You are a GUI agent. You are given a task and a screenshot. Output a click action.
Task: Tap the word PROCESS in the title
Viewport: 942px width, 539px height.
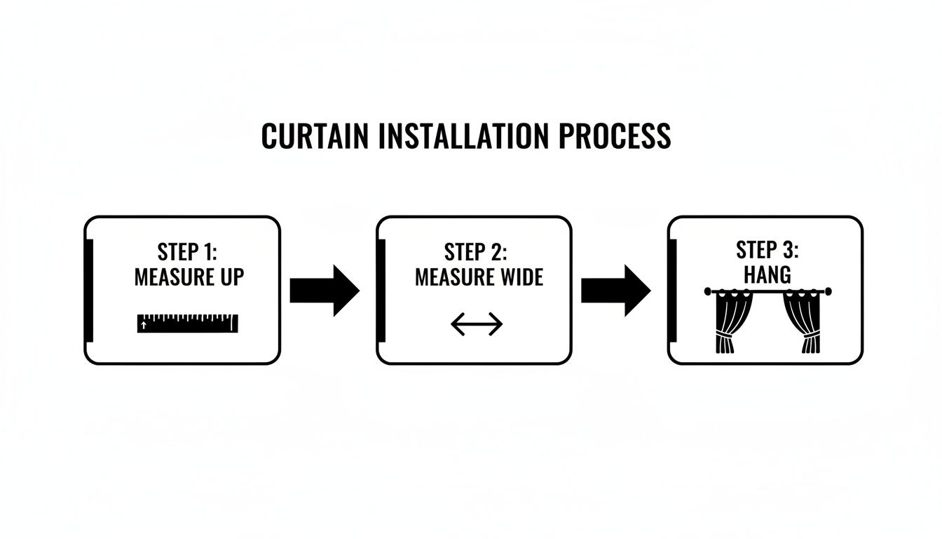coord(615,135)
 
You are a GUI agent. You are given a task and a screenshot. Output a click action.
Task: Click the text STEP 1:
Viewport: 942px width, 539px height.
coord(189,252)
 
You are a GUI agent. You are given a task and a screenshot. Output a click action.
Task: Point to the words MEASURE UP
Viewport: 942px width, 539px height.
coord(189,277)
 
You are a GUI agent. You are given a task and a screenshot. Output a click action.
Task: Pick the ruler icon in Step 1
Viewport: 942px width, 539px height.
coord(188,323)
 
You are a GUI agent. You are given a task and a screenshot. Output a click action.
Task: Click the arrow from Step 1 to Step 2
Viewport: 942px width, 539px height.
coord(324,290)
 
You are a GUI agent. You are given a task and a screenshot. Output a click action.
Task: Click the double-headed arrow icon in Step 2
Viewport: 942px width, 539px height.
coord(477,324)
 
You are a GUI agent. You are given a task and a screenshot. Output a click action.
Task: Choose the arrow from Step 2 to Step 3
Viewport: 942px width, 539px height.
coord(615,290)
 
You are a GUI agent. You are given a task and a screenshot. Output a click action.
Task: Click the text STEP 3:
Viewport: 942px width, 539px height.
coord(767,250)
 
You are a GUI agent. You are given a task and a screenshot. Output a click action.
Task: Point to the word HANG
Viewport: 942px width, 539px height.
coord(767,274)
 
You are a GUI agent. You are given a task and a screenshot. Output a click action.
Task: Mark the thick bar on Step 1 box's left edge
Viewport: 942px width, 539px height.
coord(89,290)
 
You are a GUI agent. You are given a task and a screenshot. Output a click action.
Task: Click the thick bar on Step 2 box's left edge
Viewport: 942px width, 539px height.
coord(381,290)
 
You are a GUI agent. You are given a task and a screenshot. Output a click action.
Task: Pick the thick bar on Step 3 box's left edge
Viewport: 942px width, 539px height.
coord(673,290)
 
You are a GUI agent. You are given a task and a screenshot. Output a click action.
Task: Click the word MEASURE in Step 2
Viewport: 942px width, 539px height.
coord(452,277)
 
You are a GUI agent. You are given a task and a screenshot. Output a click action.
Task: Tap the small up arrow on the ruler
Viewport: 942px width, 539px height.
coord(144,325)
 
